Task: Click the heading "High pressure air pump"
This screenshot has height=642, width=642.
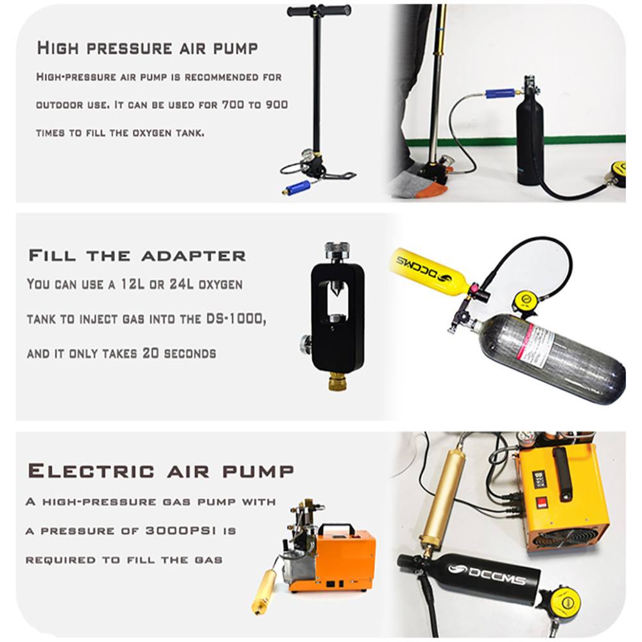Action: [148, 48]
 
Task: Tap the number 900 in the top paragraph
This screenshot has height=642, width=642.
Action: [277, 105]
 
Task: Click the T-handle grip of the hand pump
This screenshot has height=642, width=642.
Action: [319, 10]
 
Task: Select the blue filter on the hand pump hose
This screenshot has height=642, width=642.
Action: [298, 187]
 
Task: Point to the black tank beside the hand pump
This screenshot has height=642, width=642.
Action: [531, 135]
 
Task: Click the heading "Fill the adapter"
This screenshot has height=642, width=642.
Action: [137, 256]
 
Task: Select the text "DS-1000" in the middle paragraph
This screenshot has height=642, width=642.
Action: [236, 318]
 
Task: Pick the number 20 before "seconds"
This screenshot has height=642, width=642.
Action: [150, 353]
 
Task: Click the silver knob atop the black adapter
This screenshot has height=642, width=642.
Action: [338, 248]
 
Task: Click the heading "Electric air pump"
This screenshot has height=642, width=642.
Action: [161, 471]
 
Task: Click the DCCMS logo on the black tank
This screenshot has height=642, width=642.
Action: [487, 574]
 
